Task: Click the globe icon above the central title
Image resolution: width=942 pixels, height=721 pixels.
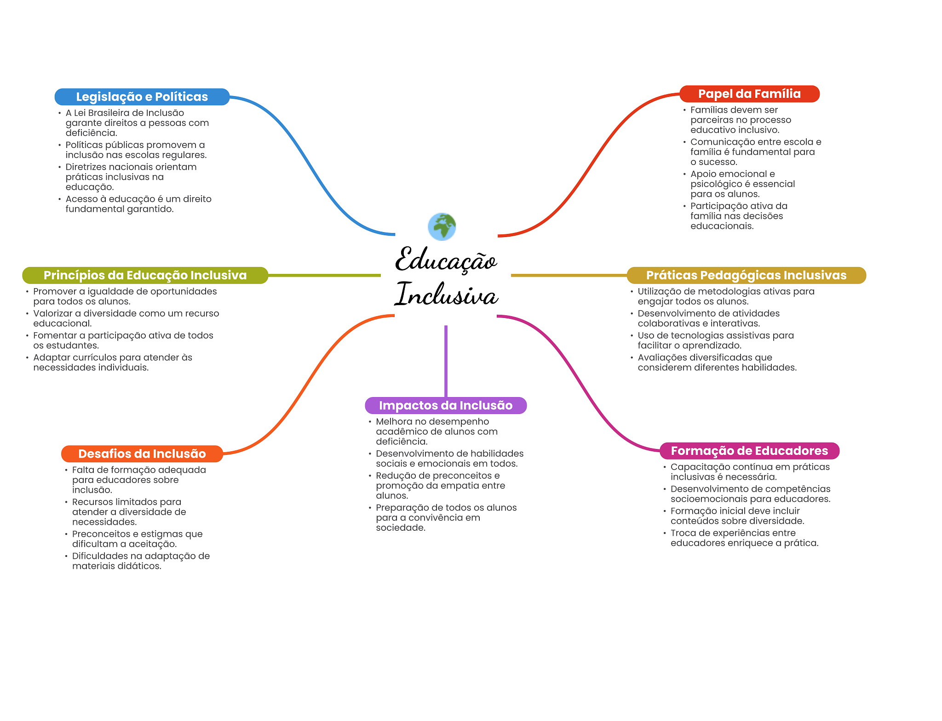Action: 442,227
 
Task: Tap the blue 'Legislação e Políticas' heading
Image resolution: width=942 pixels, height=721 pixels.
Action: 142,97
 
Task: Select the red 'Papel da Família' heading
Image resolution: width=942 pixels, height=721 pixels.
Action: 749,94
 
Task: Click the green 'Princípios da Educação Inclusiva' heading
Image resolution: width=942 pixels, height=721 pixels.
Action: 145,275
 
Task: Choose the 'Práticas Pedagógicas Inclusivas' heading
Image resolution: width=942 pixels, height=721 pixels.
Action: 746,275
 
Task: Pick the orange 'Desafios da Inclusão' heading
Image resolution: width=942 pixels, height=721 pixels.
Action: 142,454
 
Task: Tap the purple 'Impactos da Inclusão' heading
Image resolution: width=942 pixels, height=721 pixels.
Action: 445,405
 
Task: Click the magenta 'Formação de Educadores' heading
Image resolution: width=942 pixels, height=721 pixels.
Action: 749,451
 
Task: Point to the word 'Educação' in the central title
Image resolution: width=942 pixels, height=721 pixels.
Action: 446,260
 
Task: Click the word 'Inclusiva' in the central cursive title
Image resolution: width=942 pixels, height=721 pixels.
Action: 446,295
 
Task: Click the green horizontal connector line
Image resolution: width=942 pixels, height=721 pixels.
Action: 324,275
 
